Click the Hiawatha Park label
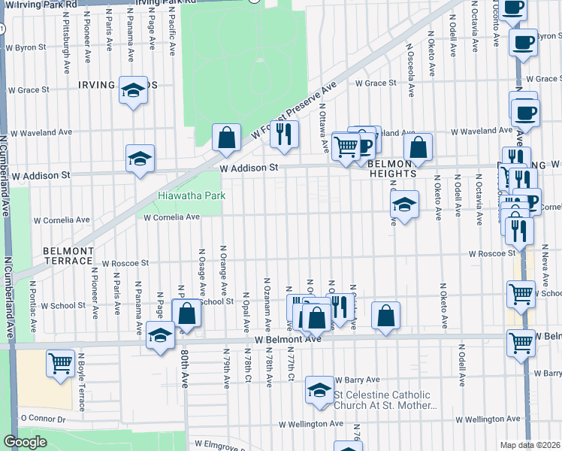point(191,196)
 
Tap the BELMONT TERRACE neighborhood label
point(67,255)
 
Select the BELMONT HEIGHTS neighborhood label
point(392,168)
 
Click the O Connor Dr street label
point(44,418)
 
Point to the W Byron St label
point(26,47)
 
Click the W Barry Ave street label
point(358,380)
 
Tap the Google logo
point(25,442)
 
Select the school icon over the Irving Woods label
point(134,92)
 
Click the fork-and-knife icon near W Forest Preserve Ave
point(283,133)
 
